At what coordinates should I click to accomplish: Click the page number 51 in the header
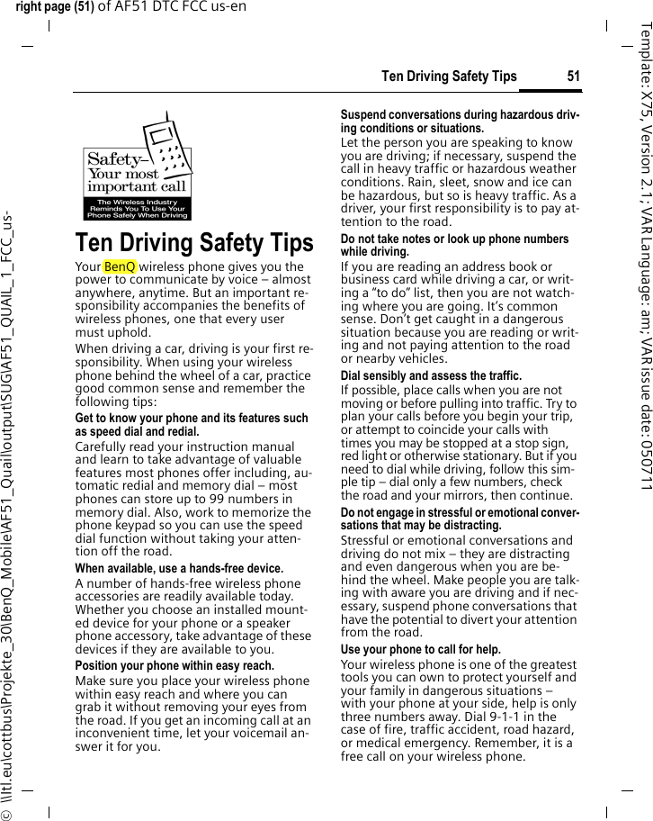[573, 76]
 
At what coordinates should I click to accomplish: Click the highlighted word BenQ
[120, 267]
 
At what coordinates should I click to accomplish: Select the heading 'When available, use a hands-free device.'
[178, 569]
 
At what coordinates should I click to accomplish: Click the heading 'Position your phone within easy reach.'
[174, 666]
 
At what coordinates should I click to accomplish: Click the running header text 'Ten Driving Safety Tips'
[449, 76]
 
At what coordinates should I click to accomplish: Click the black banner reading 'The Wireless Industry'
[138, 203]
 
